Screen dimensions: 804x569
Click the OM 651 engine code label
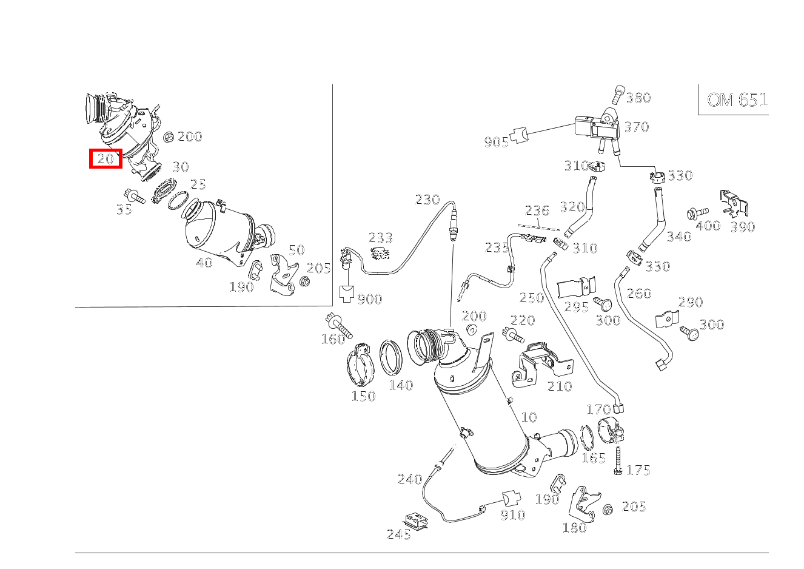coord(737,99)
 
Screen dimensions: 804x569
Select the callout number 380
coord(638,98)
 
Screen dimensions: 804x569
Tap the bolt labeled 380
coord(618,95)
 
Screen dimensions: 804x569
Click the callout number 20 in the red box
coord(106,158)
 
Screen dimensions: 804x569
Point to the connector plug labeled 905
coord(519,135)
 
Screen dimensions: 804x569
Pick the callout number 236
coord(537,210)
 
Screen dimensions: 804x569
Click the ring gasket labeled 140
coord(391,357)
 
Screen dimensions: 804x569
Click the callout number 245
coord(398,534)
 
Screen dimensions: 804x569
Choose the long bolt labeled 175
coord(618,460)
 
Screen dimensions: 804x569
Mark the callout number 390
coord(743,226)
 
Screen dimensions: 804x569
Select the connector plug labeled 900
coord(346,294)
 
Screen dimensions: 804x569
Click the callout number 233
coord(380,238)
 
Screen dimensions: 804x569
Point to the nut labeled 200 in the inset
coord(169,138)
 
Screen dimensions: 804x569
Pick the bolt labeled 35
coord(133,196)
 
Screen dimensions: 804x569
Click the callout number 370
coord(637,127)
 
